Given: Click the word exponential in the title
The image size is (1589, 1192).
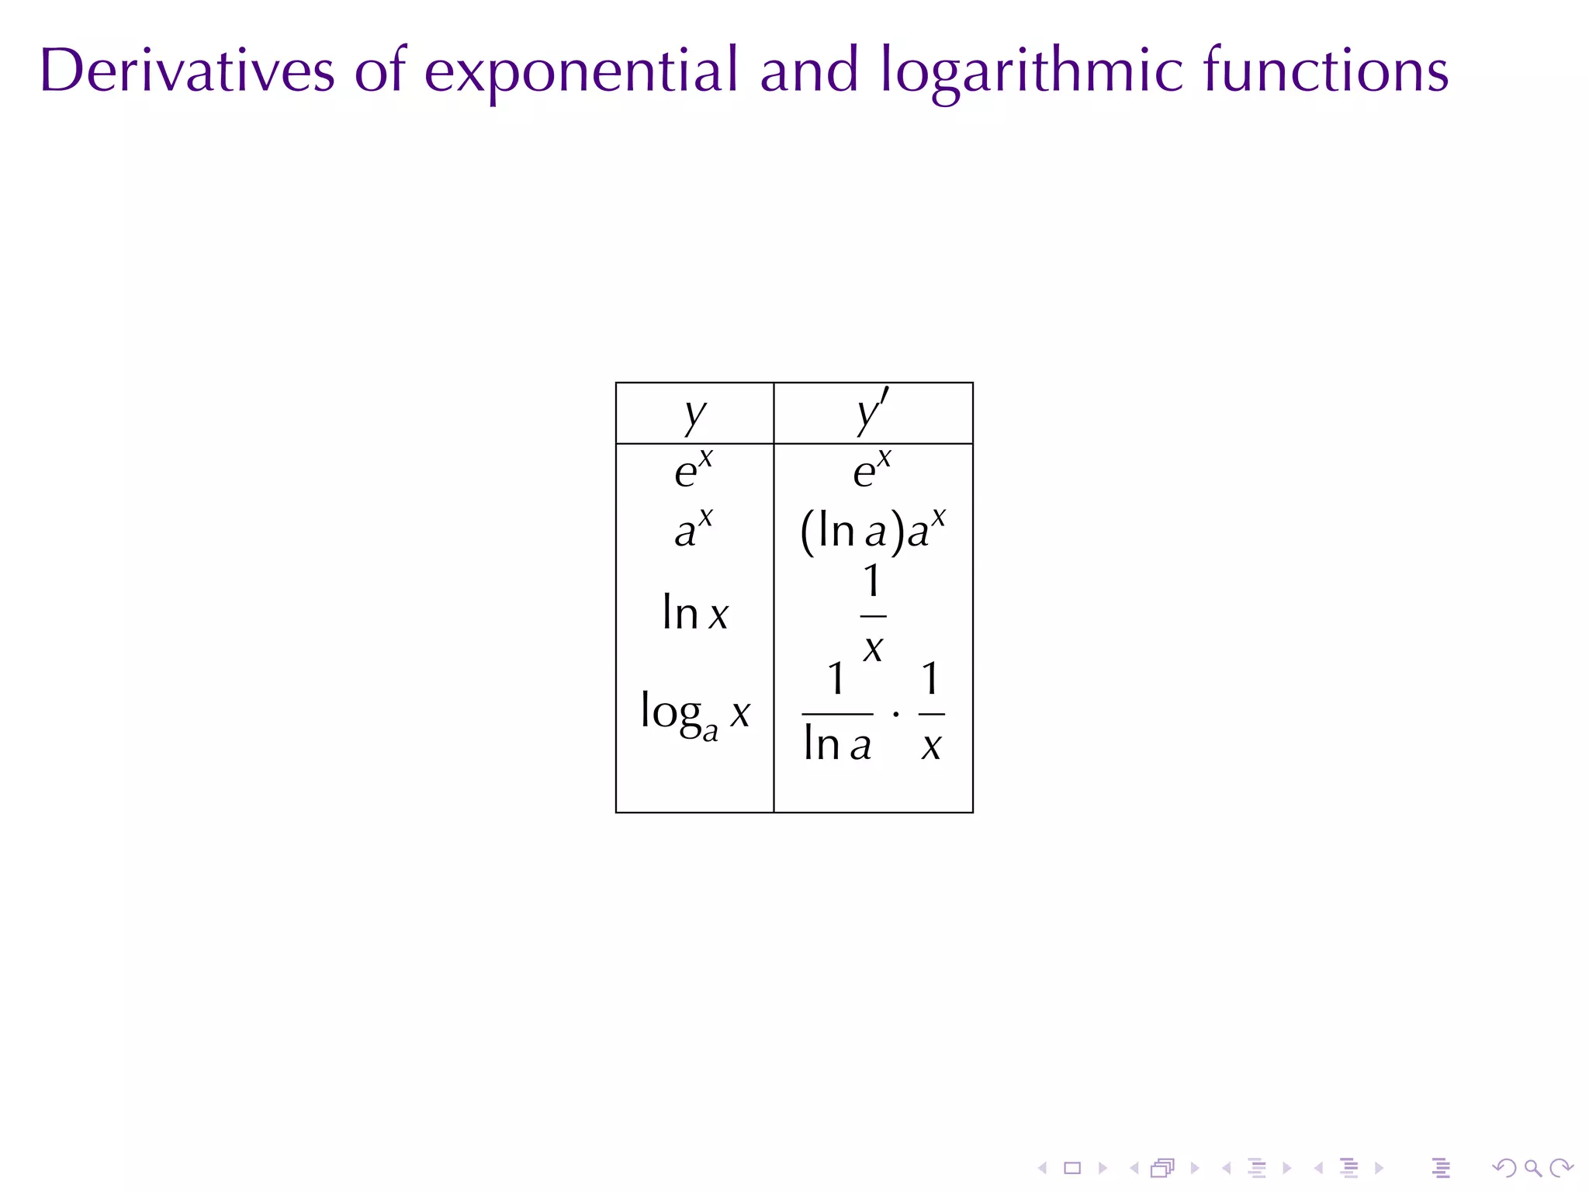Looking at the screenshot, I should coord(581,71).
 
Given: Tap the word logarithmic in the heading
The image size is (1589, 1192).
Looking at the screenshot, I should coord(1032,71).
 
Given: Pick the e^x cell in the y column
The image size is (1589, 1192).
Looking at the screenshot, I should coord(693,470).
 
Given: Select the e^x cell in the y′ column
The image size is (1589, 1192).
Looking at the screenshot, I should coord(872,470).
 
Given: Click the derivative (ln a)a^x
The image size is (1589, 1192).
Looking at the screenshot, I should coord(873,531).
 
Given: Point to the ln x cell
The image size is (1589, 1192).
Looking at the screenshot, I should coord(695,613).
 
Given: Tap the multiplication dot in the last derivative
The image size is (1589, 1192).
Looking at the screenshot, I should coord(896,713).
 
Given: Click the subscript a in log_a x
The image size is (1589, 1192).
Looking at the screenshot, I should coord(710,733).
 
